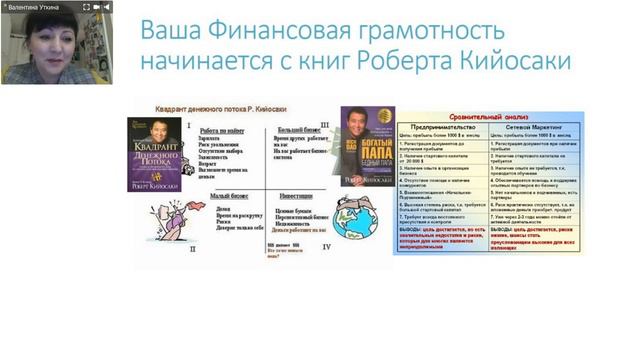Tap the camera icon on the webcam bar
pos(96,7)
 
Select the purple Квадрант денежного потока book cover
pos(154,155)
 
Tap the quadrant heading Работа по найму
pos(222,131)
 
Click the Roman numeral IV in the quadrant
pos(326,244)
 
